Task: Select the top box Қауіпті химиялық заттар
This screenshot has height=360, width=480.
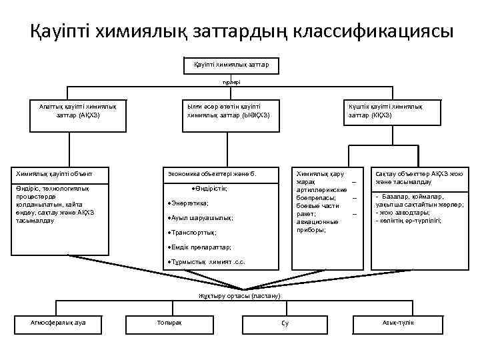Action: pyautogui.click(x=231, y=65)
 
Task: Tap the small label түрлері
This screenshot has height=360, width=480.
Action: pyautogui.click(x=231, y=82)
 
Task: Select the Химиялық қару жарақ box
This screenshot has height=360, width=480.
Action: pyautogui.click(x=327, y=201)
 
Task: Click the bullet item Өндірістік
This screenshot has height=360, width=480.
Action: pyautogui.click(x=210, y=189)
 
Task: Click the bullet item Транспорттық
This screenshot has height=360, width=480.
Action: pyautogui.click(x=194, y=233)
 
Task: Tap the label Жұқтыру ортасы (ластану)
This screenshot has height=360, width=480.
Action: pyautogui.click(x=240, y=295)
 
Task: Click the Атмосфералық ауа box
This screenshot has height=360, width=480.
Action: pyautogui.click(x=59, y=323)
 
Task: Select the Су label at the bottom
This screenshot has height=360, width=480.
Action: pyautogui.click(x=285, y=323)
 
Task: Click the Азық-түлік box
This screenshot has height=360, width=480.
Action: pyautogui.click(x=398, y=323)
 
